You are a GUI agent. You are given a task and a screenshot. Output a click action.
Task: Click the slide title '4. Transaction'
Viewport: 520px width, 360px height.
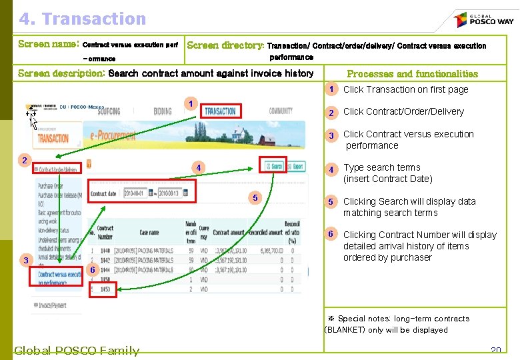point(82,19)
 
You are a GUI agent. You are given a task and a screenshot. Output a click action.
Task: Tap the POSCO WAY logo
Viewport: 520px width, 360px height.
point(483,20)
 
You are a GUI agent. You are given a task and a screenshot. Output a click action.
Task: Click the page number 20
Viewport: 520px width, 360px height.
point(495,350)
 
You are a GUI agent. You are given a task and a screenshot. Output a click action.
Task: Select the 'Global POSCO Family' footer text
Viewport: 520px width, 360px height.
point(77,351)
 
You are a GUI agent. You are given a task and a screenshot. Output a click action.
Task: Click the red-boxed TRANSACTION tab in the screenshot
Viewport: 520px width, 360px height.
point(221,111)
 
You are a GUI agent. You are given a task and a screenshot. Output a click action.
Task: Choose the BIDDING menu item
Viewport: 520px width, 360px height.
point(163,111)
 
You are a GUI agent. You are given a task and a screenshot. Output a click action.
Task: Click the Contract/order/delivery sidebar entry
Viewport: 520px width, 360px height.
point(56,169)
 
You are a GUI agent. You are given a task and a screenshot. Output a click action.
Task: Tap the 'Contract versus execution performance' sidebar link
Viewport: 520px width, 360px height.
point(60,278)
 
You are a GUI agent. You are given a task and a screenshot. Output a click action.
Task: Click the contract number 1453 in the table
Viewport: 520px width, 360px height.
point(105,289)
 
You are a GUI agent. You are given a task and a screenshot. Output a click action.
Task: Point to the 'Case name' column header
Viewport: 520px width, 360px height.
point(149,233)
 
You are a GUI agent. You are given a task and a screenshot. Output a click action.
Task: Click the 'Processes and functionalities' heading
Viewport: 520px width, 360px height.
point(412,74)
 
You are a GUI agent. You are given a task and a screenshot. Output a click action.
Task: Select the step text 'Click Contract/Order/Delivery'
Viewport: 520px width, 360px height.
point(403,111)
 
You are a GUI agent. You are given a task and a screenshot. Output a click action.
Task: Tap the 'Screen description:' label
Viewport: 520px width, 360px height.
point(61,73)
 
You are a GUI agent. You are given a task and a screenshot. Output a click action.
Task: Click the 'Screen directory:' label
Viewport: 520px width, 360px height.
point(225,45)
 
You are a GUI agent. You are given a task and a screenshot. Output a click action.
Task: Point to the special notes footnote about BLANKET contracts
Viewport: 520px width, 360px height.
point(387,324)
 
